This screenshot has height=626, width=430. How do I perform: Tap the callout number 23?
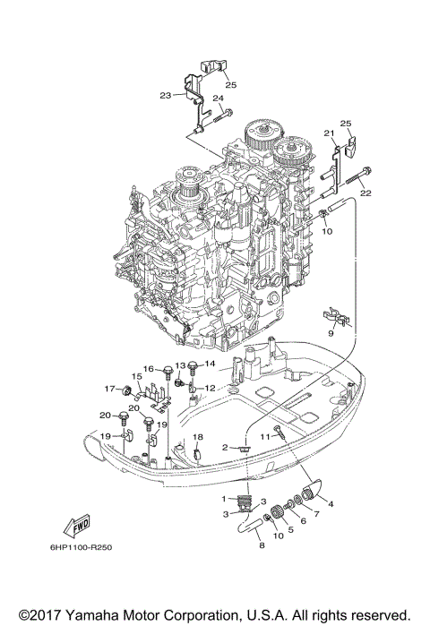(x=166, y=95)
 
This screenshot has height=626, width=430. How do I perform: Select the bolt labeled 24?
(x=225, y=113)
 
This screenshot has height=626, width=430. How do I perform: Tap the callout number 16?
(x=148, y=368)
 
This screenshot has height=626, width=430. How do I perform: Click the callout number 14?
(x=211, y=364)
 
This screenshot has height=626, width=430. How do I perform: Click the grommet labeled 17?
(x=128, y=390)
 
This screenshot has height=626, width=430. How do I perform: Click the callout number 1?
(x=223, y=497)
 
